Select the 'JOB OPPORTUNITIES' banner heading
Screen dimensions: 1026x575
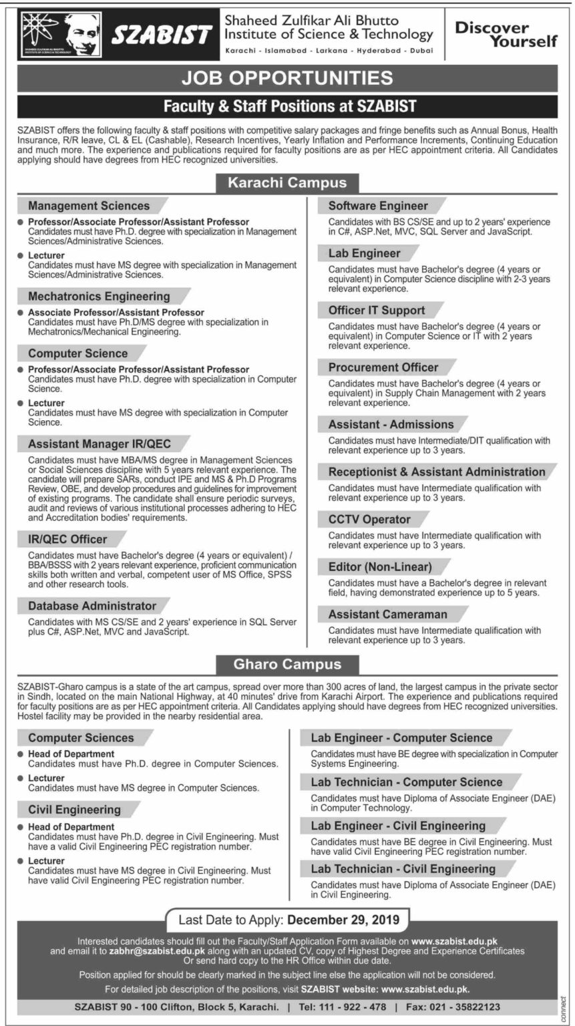287,77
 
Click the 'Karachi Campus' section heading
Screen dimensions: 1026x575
287,182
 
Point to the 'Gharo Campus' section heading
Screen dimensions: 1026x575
287,664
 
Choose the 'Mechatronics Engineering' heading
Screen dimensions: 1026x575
99,296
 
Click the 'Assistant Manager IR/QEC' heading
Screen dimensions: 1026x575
99,444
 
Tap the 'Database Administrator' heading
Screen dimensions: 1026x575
92,606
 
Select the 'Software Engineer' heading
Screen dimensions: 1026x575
378,206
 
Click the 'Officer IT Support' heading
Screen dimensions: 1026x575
377,310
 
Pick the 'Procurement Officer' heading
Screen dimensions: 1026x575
383,367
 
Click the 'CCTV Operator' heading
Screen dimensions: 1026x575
369,519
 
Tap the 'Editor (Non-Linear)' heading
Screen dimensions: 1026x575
380,567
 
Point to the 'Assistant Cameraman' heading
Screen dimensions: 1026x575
388,614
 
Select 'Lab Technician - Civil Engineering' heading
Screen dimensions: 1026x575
403,869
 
